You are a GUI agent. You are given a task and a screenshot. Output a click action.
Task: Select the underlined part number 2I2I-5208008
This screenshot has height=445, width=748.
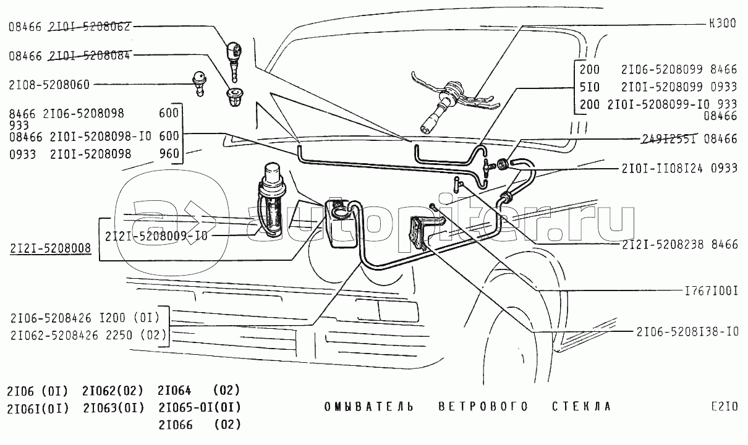(51, 248)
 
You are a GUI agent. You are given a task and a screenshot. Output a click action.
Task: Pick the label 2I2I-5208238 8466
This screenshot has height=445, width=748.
(680, 245)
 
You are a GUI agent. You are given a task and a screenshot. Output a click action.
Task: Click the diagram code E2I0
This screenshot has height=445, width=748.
(723, 406)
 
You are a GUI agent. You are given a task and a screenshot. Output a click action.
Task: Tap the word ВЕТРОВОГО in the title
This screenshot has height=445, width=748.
(483, 406)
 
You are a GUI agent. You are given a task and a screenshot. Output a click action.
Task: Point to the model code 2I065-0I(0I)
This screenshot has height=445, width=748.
(199, 407)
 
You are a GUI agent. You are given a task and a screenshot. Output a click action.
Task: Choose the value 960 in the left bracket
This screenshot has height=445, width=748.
(169, 154)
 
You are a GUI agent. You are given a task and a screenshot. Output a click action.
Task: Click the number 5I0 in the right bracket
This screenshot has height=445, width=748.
(590, 87)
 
